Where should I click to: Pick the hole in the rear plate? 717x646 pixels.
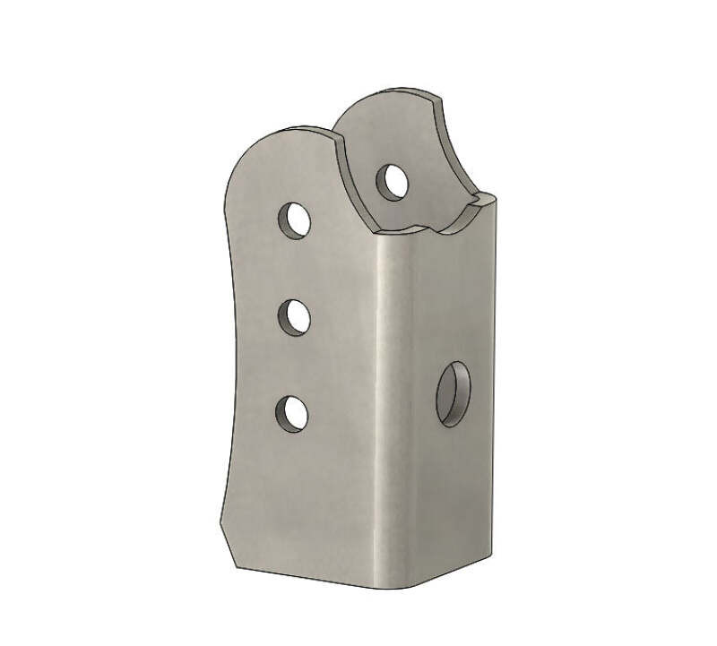point(393,180)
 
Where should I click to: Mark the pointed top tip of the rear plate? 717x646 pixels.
point(441,99)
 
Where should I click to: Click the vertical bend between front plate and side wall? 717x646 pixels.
point(381,403)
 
